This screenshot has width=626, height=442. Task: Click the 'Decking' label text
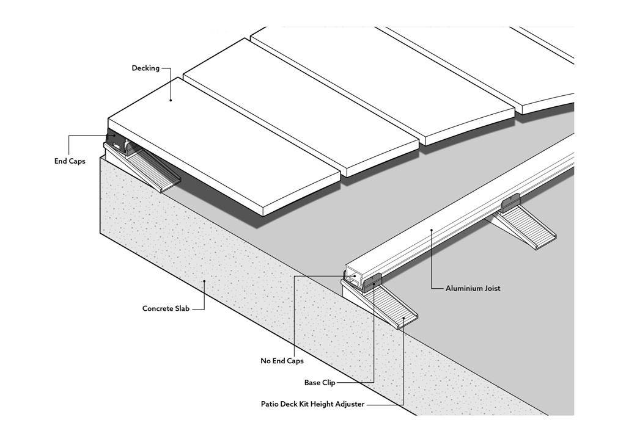[145, 68]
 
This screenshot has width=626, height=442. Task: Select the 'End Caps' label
[70, 161]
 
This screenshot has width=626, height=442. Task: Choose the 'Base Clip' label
[319, 383]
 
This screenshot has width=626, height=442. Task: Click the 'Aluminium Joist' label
[473, 288]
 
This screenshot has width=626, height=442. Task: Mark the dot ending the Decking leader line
[171, 100]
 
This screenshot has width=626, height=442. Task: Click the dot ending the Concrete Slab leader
[204, 281]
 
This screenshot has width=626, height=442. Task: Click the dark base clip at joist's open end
[372, 281]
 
